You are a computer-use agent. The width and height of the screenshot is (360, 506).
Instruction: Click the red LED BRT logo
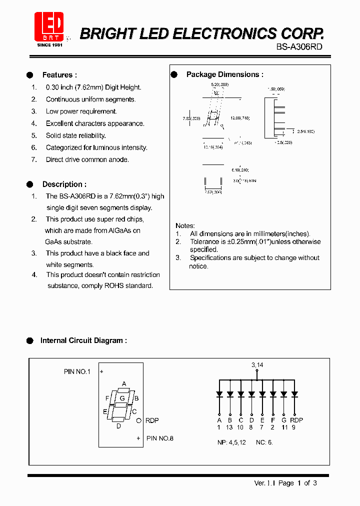pyautogui.click(x=49, y=26)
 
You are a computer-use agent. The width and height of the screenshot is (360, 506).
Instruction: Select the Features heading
pyautogui.click(x=59, y=75)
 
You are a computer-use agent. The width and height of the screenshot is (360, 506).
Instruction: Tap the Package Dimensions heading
pyautogui.click(x=224, y=74)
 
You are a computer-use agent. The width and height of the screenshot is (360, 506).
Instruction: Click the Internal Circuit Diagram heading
pyautogui.click(x=83, y=340)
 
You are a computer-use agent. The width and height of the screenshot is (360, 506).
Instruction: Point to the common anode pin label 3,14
pyautogui.click(x=257, y=365)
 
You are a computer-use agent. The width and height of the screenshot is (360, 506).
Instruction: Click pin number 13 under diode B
pyautogui.click(x=229, y=427)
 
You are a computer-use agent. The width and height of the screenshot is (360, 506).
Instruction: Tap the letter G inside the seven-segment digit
pyautogui.click(x=121, y=398)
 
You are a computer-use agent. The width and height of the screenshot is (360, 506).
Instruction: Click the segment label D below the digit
pyautogui.click(x=118, y=426)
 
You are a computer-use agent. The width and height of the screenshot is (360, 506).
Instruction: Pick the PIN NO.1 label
pyautogui.click(x=77, y=371)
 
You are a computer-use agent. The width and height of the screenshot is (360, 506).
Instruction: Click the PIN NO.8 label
pyautogui.click(x=160, y=438)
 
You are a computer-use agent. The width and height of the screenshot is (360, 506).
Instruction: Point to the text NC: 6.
pyautogui.click(x=264, y=442)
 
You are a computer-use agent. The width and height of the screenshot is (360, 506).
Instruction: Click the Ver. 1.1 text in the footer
pyautogui.click(x=264, y=483)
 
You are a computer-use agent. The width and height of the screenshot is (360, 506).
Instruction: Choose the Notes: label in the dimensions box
pyautogui.click(x=185, y=226)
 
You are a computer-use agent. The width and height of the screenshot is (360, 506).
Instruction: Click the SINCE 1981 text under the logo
pyautogui.click(x=50, y=45)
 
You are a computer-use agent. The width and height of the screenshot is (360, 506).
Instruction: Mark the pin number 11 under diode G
pyautogui.click(x=284, y=427)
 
